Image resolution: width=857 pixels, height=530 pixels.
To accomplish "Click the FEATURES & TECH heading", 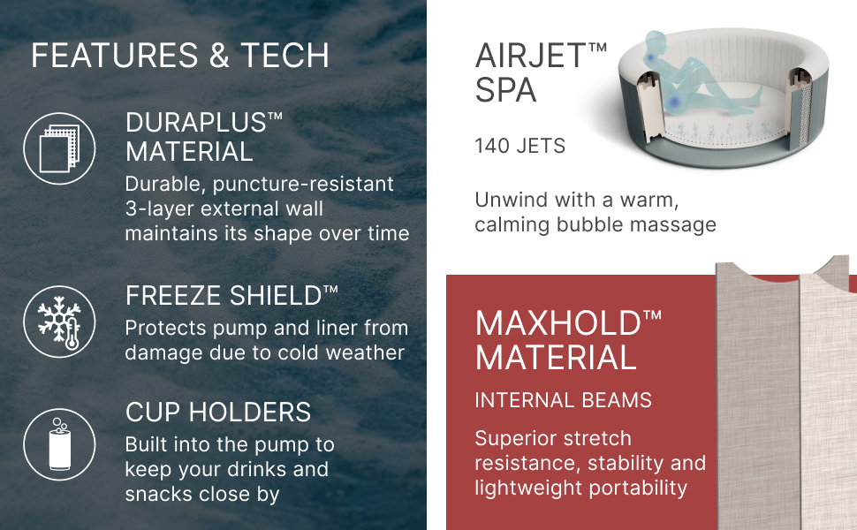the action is [180, 55].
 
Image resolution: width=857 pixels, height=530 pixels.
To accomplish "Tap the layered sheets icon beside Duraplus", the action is [59, 148].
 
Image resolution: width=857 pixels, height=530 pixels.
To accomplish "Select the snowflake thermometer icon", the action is [59, 322].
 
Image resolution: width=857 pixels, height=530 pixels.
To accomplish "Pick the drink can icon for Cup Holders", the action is [59, 444].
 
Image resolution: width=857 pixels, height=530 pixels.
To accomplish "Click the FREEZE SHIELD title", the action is [231, 296].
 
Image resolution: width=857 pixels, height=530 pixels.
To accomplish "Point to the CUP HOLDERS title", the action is [218, 412].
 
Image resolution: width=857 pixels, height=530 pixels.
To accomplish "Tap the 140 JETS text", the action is [520, 146].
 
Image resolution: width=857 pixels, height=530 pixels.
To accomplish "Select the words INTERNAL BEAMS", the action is [563, 400].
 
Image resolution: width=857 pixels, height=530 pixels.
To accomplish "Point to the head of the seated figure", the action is [656, 42].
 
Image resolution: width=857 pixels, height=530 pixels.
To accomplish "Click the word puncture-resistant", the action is [303, 184].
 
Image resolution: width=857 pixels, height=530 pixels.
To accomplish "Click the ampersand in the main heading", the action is [218, 56].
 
